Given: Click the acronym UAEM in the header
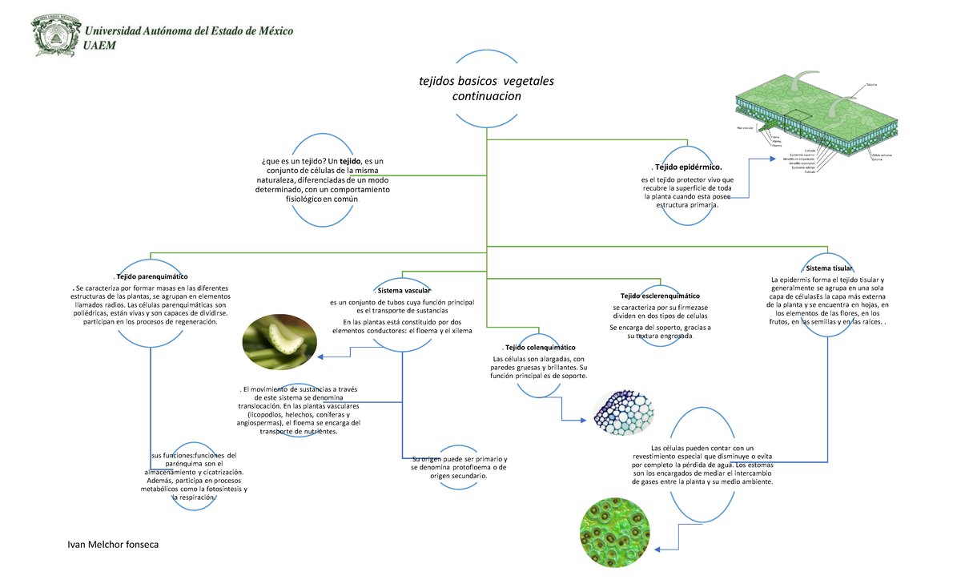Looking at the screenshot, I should pos(100,46).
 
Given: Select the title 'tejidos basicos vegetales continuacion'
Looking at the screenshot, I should pos(486,89).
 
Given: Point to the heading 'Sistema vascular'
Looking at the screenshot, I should pos(403,289).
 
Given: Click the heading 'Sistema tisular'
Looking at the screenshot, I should pos(829,268).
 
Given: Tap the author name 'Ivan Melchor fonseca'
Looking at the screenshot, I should pos(112,545).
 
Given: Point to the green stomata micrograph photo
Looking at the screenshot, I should pos(617,535).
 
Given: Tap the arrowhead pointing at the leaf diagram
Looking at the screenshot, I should pos(758,159).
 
